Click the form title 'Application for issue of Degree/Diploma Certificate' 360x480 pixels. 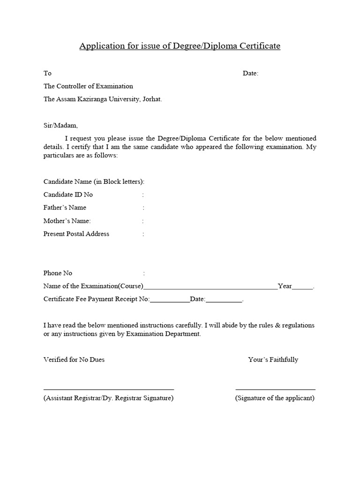coord(180,46)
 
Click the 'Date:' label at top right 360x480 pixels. coord(250,73)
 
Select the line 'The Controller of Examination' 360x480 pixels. coord(88,86)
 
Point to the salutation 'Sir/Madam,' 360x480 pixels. coord(61,126)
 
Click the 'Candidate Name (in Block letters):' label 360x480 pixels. coord(94,181)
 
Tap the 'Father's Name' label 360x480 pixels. coord(65,208)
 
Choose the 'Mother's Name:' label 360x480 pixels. coord(67,221)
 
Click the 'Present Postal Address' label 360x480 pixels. coord(76,234)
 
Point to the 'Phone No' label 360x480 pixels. coord(58,273)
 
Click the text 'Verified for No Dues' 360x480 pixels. coord(74,360)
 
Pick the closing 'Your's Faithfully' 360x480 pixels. coord(273,360)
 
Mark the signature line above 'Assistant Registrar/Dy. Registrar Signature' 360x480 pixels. coord(109,389)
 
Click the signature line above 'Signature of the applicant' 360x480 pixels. coord(275,389)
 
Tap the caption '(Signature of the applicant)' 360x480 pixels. coord(275,398)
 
